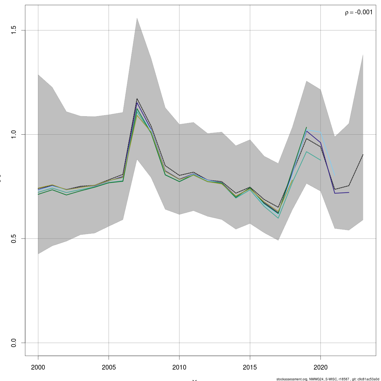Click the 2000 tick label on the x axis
point(38,367)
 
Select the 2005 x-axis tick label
point(109,367)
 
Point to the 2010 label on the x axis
point(179,367)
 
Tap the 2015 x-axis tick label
point(250,367)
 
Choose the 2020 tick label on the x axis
point(321,367)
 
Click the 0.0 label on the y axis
point(14,343)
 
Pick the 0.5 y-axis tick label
point(14,238)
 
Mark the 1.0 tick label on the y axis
point(14,134)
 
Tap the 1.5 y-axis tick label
point(14,30)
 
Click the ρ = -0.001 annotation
point(359,12)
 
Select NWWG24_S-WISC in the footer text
point(321,379)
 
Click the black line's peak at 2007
point(137,98)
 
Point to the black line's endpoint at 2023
point(363,155)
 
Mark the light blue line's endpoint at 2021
point(335,176)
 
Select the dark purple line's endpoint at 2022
point(349,192)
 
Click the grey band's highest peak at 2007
point(137,18)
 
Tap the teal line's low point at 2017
point(278,218)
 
